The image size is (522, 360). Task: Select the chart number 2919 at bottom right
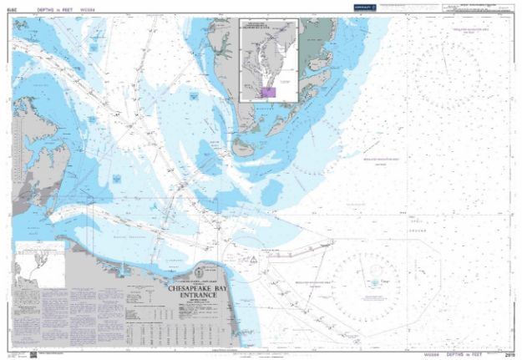[x=508, y=355]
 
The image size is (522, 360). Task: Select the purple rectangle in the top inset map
[x=269, y=91]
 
